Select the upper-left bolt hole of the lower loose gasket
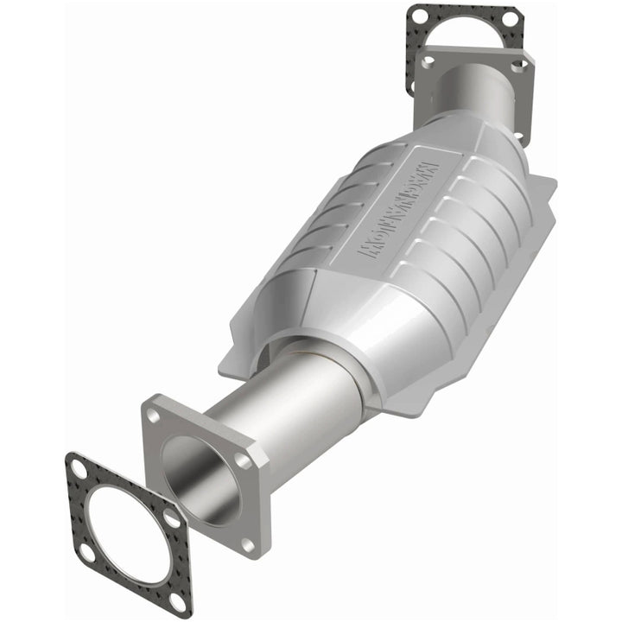[79, 471]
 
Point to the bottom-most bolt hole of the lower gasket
[176, 599]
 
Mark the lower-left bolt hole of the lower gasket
[85, 549]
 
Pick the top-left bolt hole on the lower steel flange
[153, 416]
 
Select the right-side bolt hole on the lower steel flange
[244, 462]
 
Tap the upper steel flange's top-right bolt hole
[517, 65]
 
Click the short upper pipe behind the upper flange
[471, 91]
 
